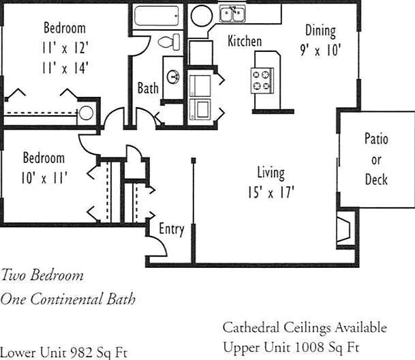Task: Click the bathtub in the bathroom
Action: coord(157,16)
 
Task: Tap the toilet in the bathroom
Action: coord(169,42)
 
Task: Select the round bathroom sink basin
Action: coord(173,77)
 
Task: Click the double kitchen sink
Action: coord(232,14)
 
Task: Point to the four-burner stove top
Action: coord(262,80)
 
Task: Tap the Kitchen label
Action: coord(245,41)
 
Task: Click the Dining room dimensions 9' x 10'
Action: coord(320,50)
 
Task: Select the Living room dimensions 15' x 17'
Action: coord(271,192)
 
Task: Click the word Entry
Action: coord(172,229)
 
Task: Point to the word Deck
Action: coord(376,179)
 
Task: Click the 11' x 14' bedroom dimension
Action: coord(65,67)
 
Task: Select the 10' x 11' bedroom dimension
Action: coord(44,178)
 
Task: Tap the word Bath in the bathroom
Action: coord(148,88)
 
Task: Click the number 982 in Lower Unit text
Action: coord(82,352)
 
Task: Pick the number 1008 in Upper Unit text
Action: coord(309,347)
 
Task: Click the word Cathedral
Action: coord(251,327)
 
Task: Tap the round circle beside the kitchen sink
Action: coord(202,16)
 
